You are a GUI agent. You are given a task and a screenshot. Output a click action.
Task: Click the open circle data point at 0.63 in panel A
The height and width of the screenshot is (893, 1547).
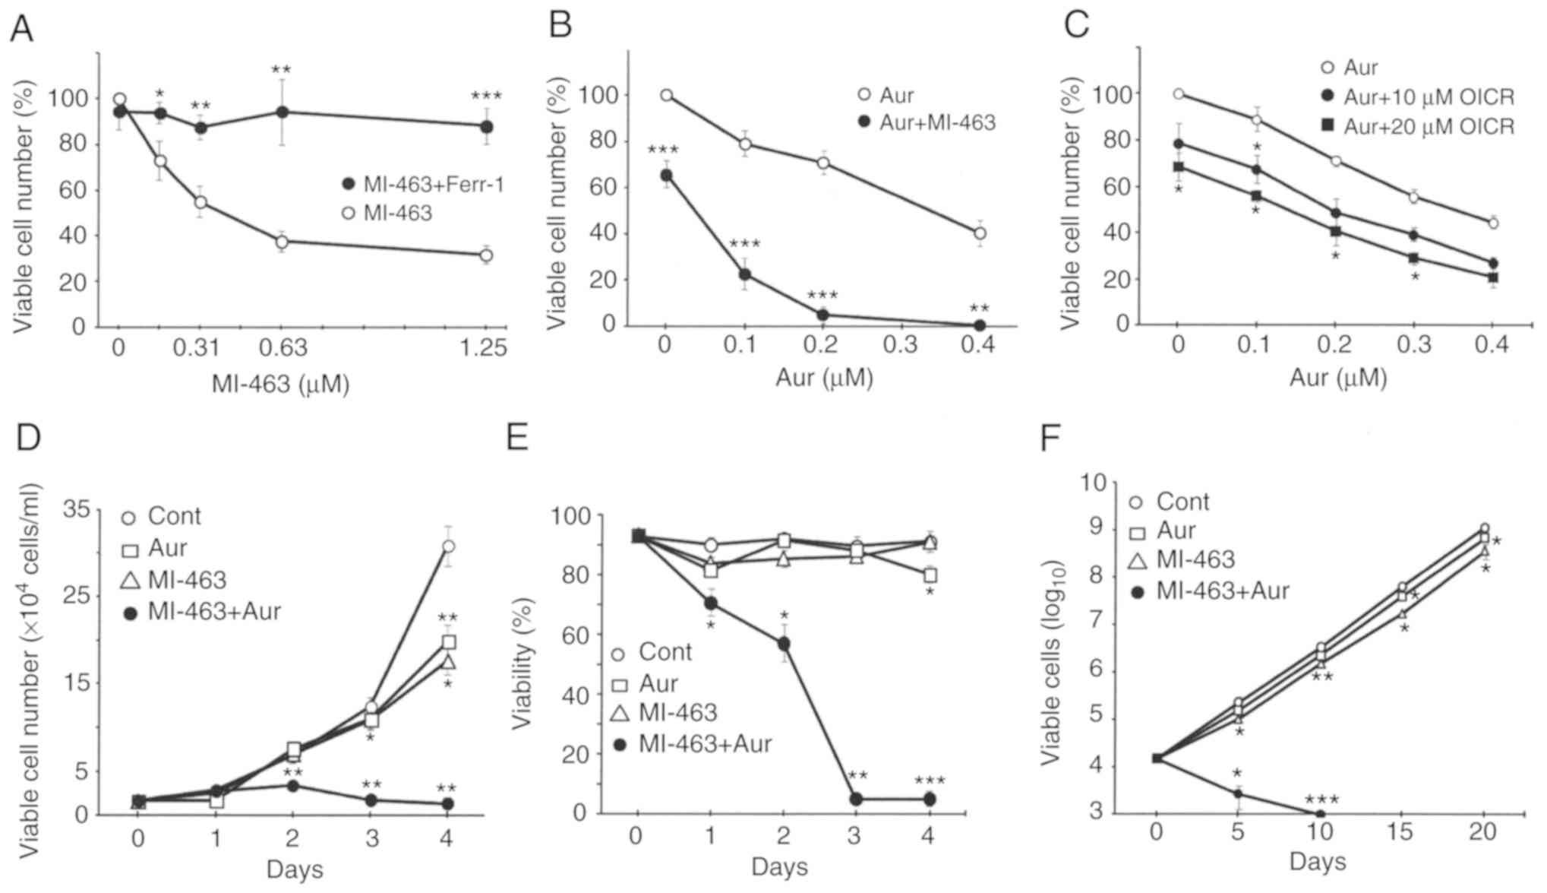click(282, 242)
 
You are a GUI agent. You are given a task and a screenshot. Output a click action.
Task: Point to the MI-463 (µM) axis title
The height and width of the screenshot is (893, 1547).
click(280, 385)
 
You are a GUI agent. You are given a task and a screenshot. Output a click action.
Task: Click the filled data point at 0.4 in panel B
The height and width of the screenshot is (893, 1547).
click(980, 325)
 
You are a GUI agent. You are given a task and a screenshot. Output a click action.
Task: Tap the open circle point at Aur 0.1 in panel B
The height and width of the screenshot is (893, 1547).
click(746, 144)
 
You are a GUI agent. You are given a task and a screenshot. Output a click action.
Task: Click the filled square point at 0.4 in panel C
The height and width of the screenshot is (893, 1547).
click(1492, 277)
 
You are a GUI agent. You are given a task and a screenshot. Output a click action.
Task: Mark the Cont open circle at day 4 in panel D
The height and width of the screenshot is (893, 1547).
click(448, 546)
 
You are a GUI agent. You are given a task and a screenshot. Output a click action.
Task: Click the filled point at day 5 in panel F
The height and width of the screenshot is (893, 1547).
click(1238, 794)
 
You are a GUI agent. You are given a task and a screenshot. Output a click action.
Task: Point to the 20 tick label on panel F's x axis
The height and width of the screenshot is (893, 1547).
click(1482, 833)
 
